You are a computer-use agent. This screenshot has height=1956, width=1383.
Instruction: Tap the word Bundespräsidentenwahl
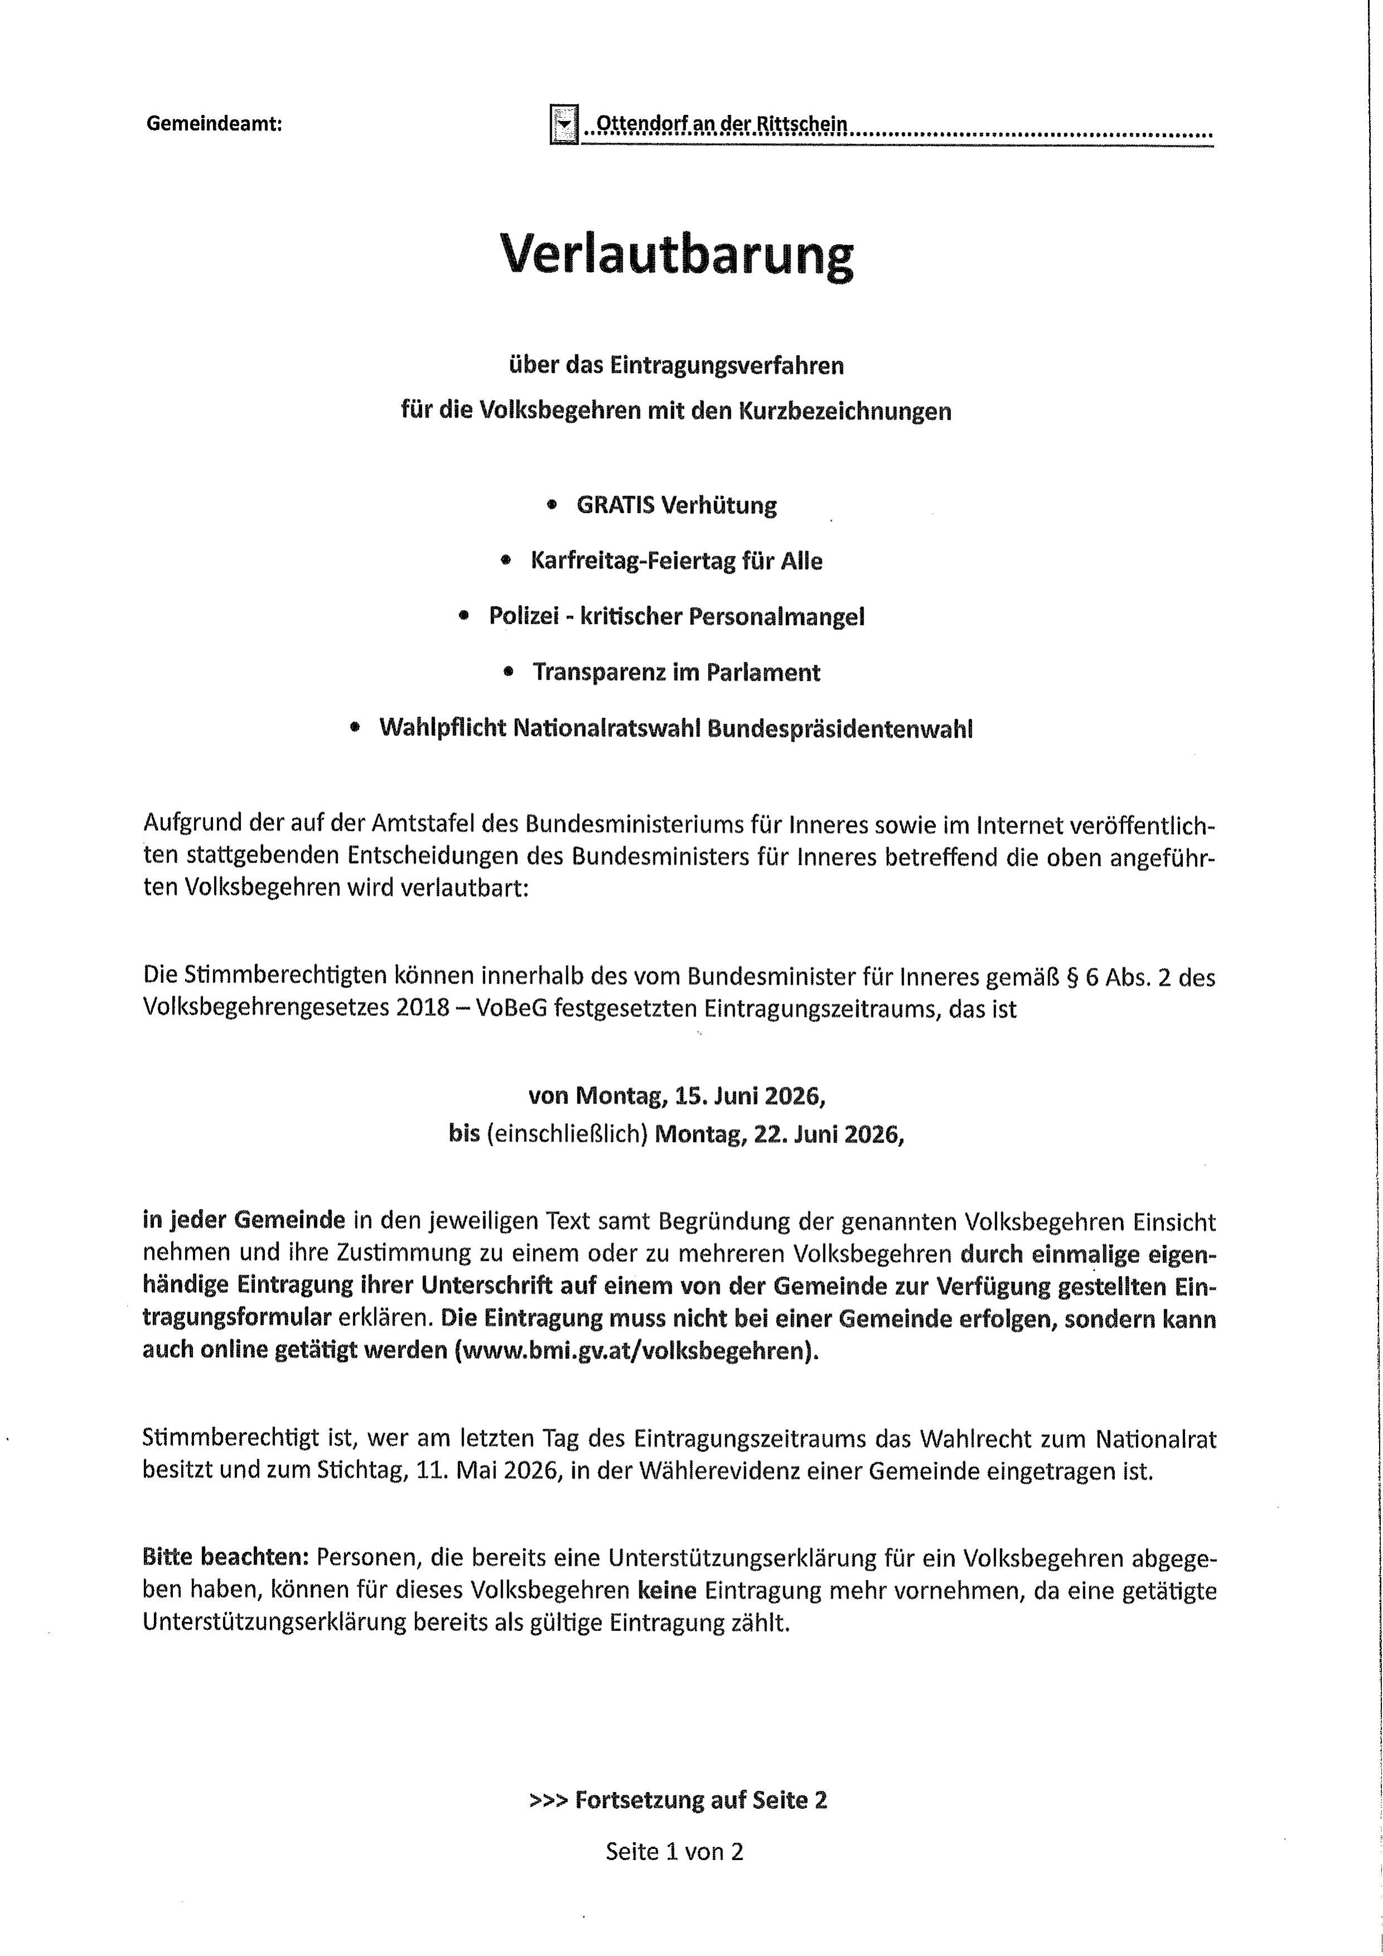click(x=839, y=729)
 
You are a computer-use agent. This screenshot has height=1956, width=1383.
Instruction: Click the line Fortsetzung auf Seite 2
click(x=700, y=1800)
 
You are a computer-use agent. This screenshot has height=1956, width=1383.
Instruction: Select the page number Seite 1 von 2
click(x=674, y=1851)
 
